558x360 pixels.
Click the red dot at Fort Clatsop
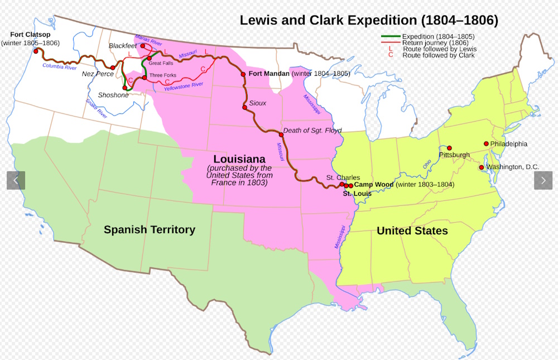(36, 51)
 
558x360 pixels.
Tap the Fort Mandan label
(269, 74)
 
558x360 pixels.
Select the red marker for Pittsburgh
(449, 148)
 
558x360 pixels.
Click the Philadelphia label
(508, 144)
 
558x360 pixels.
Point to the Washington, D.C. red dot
(481, 167)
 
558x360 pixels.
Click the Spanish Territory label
(150, 229)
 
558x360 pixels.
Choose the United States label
(412, 231)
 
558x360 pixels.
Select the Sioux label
(258, 103)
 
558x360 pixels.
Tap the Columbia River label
(60, 66)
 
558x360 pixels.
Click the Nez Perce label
(98, 74)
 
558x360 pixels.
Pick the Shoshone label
(113, 95)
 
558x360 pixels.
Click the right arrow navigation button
(543, 180)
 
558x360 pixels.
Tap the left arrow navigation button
(16, 180)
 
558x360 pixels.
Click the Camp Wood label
(374, 184)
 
